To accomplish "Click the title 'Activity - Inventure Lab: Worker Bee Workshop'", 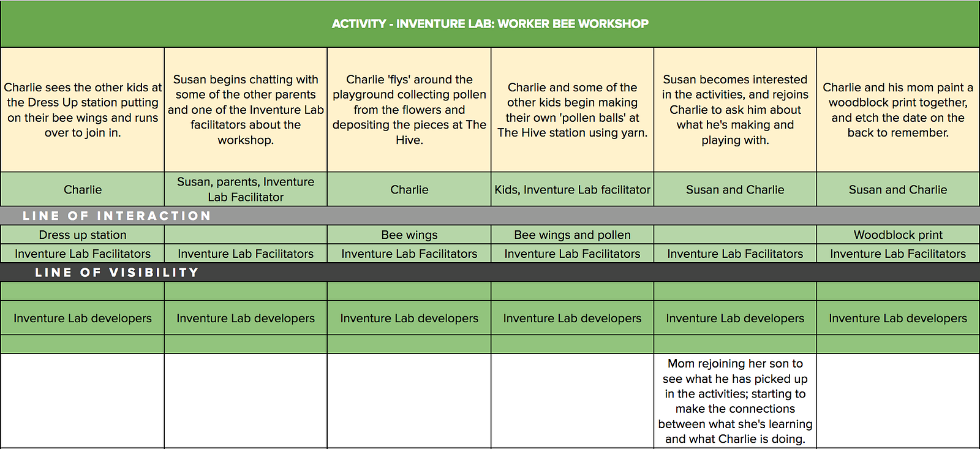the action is pos(490,24).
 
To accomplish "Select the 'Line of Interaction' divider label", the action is pos(117,216).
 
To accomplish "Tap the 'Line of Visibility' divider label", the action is pos(117,272).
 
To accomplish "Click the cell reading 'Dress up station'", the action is pos(83,235).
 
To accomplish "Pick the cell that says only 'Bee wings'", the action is pos(409,235).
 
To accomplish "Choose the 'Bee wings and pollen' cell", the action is pos(572,235).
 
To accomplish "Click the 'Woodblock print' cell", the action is pos(898,235).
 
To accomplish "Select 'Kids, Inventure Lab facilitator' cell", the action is pos(572,189).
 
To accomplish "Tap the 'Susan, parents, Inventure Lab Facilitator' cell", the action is pos(246,189).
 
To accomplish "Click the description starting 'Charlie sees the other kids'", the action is pos(83,110).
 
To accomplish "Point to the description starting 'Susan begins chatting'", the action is pos(246,110).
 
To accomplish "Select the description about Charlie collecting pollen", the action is pos(409,110).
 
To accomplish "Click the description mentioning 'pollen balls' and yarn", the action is pos(572,110).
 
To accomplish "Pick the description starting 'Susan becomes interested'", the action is pos(735,110).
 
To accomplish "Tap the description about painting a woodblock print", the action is pos(898,110).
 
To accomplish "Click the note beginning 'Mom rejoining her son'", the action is pos(735,401).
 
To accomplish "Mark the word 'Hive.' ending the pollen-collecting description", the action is pos(409,140).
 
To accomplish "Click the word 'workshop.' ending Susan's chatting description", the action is pos(246,140).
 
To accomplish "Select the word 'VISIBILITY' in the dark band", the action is pos(154,272).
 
